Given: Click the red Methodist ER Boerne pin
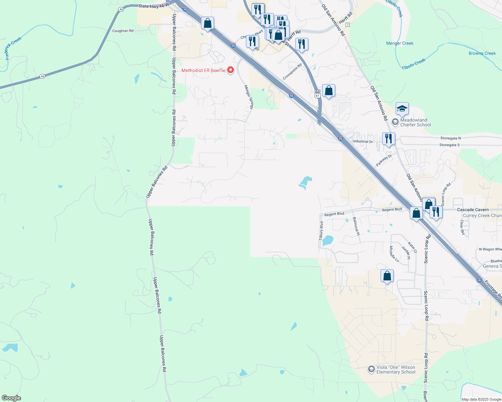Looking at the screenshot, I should tap(231, 70).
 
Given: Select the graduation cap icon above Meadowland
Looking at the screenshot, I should tap(402, 109).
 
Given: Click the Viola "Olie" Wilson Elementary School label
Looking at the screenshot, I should tap(396, 370).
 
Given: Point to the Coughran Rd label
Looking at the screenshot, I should tap(123, 31).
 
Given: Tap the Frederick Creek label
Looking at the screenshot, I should tap(13, 48).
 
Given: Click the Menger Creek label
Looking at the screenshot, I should tap(400, 43).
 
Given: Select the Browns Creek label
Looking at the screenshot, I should tap(482, 53).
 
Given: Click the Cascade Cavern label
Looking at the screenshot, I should tap(473, 210).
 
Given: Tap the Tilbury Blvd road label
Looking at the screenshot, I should tap(321, 231).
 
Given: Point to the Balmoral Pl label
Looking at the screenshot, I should tap(356, 226).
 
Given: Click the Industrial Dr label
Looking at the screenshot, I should tap(363, 141).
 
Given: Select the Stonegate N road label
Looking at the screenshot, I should tap(450, 138).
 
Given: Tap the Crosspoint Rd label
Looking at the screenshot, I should tap(292, 72).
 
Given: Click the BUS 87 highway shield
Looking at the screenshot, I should tap(317, 93).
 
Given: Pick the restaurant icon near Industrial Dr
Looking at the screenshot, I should tap(389, 138).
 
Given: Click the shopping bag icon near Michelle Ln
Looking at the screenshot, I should tap(387, 276).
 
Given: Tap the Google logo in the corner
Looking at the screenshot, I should tap(11, 398).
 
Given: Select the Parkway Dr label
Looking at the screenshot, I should tap(384, 160).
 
